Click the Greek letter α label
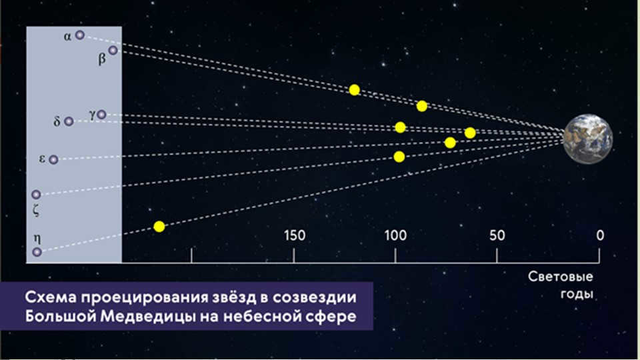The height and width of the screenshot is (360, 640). tap(67, 37)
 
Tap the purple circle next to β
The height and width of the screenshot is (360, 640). tap(113, 51)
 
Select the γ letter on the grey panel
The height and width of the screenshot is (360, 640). tap(92, 115)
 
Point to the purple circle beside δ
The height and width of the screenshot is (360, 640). tap(69, 121)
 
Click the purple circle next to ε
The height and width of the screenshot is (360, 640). tap(53, 159)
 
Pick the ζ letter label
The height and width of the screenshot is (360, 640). tap(36, 210)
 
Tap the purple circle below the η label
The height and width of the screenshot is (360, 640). tap(37, 252)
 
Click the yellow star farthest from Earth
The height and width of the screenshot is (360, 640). tap(159, 227)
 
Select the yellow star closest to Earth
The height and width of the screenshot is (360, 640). tap(470, 133)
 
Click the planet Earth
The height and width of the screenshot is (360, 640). tap(588, 139)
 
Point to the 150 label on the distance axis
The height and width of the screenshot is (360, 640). tap(294, 235)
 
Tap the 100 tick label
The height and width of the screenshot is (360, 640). tap(395, 235)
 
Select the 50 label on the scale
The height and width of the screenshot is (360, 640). tap(497, 235)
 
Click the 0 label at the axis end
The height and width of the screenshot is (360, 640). tap(599, 235)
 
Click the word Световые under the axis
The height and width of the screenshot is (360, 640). tap(560, 277)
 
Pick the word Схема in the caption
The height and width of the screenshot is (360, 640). tap(51, 297)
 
